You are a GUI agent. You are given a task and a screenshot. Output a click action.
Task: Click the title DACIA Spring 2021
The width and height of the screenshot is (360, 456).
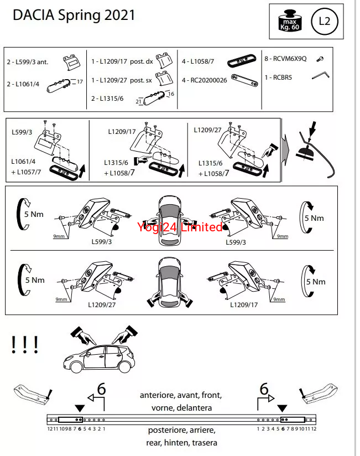(74, 15)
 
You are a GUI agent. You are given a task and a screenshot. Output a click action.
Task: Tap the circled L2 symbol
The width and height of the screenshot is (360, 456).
(325, 22)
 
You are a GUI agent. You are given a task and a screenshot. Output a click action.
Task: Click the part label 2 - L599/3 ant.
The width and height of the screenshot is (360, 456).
(28, 62)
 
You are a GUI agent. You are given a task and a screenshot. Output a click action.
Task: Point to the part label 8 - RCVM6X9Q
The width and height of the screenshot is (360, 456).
(285, 59)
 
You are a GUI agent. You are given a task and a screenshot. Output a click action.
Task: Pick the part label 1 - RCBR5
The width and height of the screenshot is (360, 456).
(279, 77)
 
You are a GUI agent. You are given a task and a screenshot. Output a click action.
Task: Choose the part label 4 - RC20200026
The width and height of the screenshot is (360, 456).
(204, 80)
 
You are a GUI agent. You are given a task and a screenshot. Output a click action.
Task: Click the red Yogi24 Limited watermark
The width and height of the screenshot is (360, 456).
(180, 226)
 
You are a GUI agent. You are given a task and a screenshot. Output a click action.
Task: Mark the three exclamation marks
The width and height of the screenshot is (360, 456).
(24, 345)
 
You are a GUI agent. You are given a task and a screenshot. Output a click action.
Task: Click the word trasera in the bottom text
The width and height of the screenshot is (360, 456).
(203, 443)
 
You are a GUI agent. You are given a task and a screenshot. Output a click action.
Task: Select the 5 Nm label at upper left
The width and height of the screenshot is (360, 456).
(34, 214)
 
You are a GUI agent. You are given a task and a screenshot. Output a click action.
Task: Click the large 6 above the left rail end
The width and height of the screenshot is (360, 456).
(101, 389)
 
